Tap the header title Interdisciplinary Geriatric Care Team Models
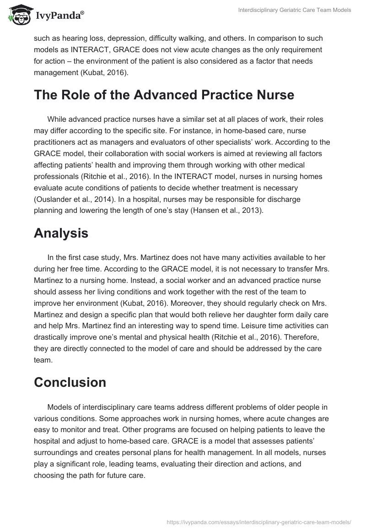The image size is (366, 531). (x=295, y=10)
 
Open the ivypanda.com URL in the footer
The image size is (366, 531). (x=259, y=521)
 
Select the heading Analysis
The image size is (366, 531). (x=61, y=233)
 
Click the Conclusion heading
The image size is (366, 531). (x=70, y=382)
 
